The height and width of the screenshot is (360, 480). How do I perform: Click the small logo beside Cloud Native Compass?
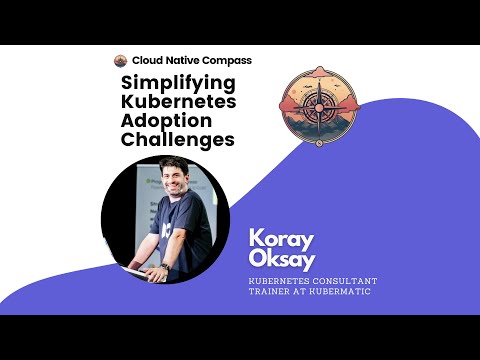[120, 61]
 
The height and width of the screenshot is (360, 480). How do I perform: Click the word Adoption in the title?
[163, 122]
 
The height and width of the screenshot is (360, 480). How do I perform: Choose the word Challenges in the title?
[178, 141]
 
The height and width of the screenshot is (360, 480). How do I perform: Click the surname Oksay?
[281, 262]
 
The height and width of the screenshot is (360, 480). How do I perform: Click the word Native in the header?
[186, 61]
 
